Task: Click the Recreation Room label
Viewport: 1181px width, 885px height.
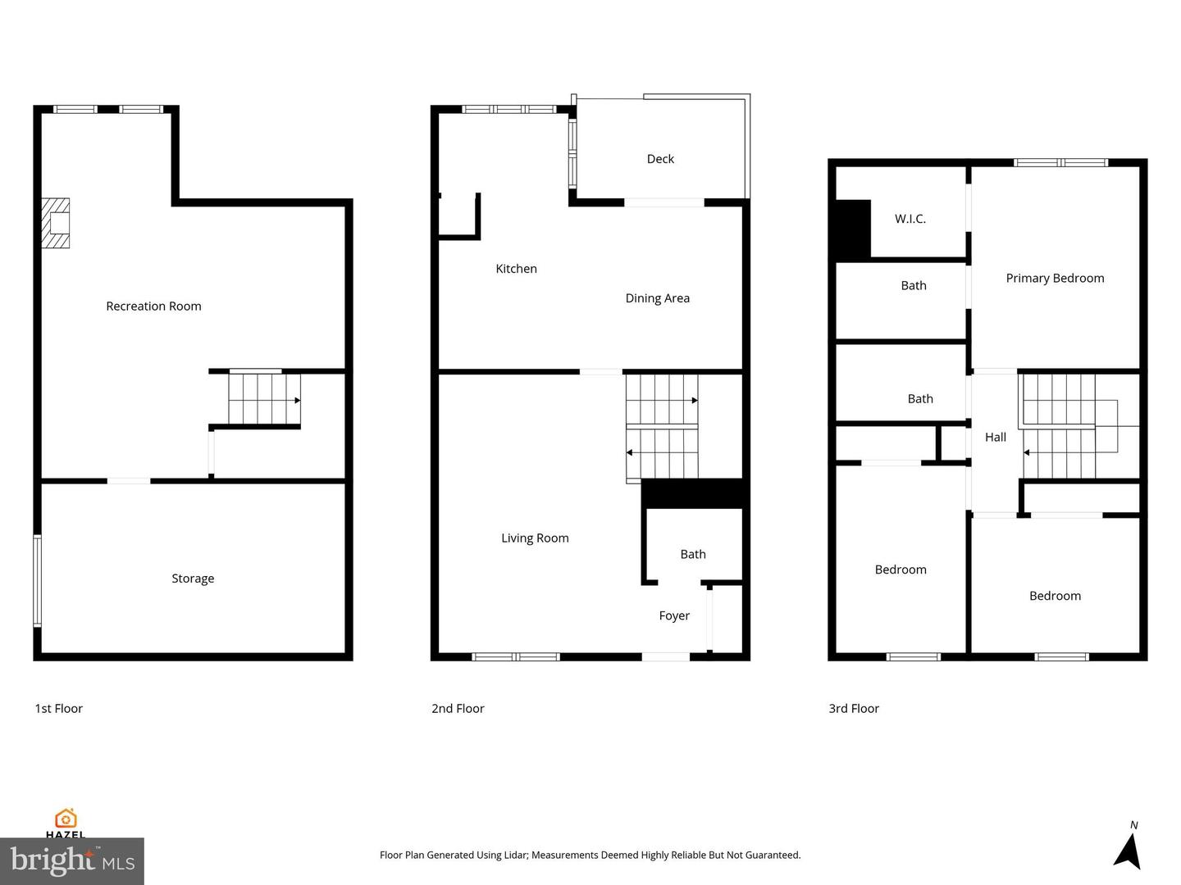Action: tap(153, 306)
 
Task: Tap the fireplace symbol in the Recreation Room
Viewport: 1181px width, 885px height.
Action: tap(57, 223)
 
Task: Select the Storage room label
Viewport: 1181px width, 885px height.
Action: tap(193, 579)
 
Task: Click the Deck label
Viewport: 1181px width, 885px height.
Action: tap(660, 159)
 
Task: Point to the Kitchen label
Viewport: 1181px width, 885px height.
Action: tap(516, 269)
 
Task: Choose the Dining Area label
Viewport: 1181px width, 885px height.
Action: tap(657, 298)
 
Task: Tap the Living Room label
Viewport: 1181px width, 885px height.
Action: tap(535, 538)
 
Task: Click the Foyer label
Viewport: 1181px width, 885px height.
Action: tap(674, 616)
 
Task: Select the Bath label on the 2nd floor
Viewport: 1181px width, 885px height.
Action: tap(693, 555)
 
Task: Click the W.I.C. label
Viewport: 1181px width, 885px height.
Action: tap(910, 219)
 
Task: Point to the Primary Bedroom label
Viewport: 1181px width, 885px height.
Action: tap(1055, 279)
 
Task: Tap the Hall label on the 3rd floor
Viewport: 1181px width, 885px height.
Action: tap(995, 438)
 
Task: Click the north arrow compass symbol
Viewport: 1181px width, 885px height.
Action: tap(1129, 850)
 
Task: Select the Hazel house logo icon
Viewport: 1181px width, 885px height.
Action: tap(66, 819)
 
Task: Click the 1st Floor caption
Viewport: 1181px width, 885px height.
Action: tap(59, 709)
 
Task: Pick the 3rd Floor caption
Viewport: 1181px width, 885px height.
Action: tap(853, 709)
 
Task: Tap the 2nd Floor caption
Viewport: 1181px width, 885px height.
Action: tap(458, 709)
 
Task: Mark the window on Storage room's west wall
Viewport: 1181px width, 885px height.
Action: tap(37, 580)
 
